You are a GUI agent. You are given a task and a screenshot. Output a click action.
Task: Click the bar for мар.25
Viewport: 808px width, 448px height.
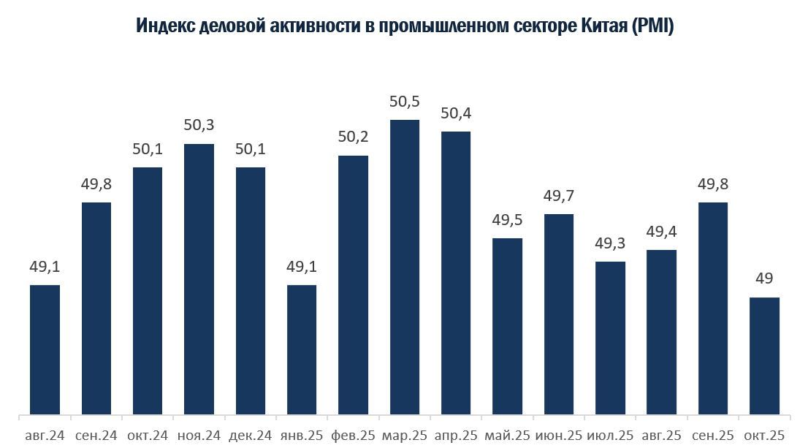pos(405,267)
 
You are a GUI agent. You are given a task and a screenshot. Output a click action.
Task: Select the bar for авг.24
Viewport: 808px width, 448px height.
pos(45,349)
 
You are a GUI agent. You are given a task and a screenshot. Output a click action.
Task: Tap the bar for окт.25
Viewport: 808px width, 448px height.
pos(765,355)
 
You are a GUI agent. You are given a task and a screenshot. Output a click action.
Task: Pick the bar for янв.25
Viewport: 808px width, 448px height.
pos(302,349)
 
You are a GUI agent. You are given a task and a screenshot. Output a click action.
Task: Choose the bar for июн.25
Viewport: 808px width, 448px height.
pos(559,314)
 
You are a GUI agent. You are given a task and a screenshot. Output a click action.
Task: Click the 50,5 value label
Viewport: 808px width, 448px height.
pos(404,102)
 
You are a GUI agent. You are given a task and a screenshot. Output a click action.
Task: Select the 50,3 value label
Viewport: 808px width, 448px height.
pos(199,125)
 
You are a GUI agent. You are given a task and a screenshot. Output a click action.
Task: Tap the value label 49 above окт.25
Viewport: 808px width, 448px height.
pos(765,278)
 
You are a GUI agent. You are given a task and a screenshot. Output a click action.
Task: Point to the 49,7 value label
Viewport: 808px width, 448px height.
pos(559,196)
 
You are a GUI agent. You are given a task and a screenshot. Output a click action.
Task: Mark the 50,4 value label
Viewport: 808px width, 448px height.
pos(456,113)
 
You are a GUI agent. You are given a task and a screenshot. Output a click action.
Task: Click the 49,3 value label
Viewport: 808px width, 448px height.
pos(611,243)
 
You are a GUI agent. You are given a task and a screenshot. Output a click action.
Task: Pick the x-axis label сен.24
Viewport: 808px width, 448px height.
pos(96,436)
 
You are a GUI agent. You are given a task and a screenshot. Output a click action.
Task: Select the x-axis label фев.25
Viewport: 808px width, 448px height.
pos(354,436)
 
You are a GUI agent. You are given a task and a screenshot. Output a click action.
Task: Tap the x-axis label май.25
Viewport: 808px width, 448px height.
pos(508,436)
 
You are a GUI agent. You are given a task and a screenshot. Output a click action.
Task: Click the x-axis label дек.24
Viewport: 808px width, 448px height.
pos(250,436)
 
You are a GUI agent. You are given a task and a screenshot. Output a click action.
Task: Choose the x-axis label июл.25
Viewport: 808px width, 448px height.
pos(611,436)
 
